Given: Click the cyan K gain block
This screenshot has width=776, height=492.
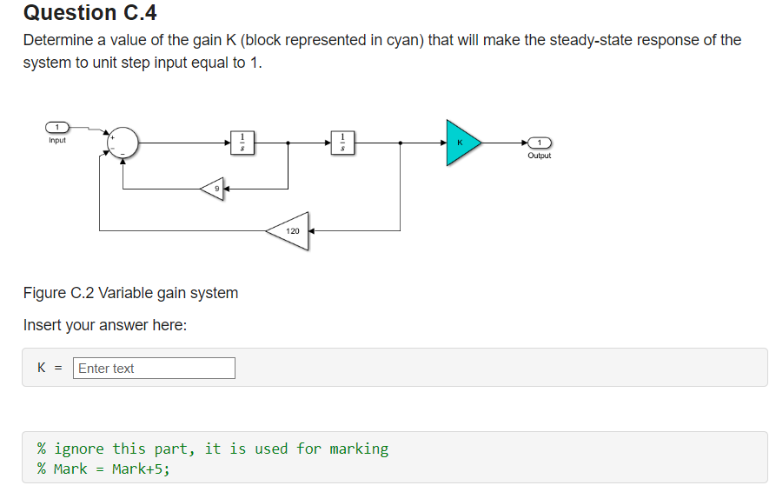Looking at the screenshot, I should coord(461,143).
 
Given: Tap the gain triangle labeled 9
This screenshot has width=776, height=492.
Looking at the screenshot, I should coord(214,188).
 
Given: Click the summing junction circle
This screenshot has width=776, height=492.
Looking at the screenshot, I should coord(123,142).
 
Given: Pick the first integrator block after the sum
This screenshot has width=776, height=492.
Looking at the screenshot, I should coord(242,142).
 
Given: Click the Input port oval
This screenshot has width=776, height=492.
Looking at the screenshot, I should coord(57,129).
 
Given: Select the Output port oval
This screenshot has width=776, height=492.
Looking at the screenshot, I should coord(539,143).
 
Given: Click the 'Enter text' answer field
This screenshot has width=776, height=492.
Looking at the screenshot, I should coord(154,369).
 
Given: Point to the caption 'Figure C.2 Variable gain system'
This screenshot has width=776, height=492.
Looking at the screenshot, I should coord(130,293).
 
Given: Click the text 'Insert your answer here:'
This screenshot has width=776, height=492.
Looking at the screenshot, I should coord(105,326).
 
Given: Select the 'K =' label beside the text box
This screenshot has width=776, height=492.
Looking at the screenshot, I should coord(50,369).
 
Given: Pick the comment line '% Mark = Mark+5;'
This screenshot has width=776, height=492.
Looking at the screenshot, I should coord(103,469).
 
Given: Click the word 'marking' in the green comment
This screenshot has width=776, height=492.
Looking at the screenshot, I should coord(359,449).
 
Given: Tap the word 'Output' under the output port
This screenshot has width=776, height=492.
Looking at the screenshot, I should coord(539,156).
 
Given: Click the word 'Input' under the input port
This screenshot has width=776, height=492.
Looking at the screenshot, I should coord(57,140).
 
